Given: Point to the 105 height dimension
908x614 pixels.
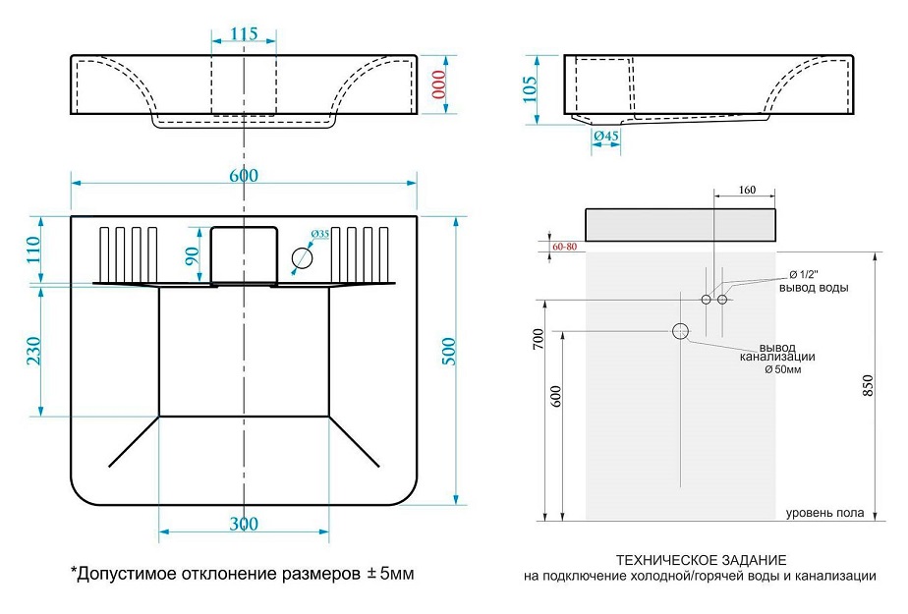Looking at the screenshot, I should coord(530,89).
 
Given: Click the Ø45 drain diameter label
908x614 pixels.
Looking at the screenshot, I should coord(606,136).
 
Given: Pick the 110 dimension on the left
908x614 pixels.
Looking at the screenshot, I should coord(32,251).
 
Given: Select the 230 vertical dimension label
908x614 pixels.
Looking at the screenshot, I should coord(32,352).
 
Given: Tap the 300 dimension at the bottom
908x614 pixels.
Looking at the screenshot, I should coord(244,524).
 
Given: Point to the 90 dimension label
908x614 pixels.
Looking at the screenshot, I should coord(194,256).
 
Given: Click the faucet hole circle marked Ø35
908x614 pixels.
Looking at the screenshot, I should coord(303,258).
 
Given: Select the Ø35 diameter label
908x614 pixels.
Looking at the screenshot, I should coord(319,234).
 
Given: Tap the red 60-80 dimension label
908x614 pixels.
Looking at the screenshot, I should coord(565,246).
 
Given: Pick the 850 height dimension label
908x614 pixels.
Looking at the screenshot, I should coord(867,386).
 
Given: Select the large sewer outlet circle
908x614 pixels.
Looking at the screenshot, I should coord(680,331).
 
